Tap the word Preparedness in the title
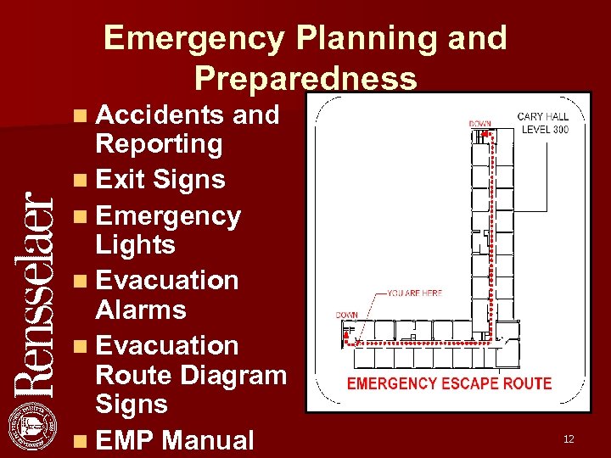(305, 78)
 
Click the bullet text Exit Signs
(160, 179)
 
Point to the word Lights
(136, 245)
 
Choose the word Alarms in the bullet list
(141, 310)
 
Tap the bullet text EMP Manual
(175, 440)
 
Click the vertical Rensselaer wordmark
(35, 292)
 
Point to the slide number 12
(569, 438)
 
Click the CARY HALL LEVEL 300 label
(543, 123)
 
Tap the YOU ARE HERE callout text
(414, 293)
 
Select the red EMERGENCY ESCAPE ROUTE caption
(449, 383)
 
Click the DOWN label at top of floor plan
(479, 124)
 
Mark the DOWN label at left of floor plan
(346, 316)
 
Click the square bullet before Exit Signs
(79, 181)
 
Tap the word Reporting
(159, 144)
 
